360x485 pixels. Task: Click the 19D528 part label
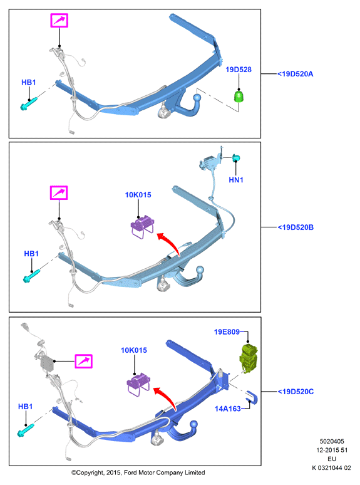[x=239, y=70]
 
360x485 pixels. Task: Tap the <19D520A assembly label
[x=295, y=74]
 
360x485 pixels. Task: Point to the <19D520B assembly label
[x=296, y=227]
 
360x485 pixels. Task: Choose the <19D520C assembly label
[x=296, y=392]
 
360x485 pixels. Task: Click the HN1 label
[x=236, y=180]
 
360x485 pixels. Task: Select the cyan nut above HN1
[x=236, y=158]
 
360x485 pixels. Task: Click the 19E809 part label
[x=227, y=332]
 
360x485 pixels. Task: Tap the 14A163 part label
[x=227, y=409]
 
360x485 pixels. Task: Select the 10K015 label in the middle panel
[x=138, y=195]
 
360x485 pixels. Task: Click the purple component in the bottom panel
[x=138, y=384]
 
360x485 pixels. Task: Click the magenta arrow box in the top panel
[x=59, y=21]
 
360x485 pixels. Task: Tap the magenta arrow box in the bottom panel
[x=83, y=361]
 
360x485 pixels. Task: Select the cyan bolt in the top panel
[x=29, y=103]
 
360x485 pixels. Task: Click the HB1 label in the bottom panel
[x=25, y=407]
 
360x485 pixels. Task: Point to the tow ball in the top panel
[x=197, y=98]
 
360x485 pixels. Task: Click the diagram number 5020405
[x=332, y=441]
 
